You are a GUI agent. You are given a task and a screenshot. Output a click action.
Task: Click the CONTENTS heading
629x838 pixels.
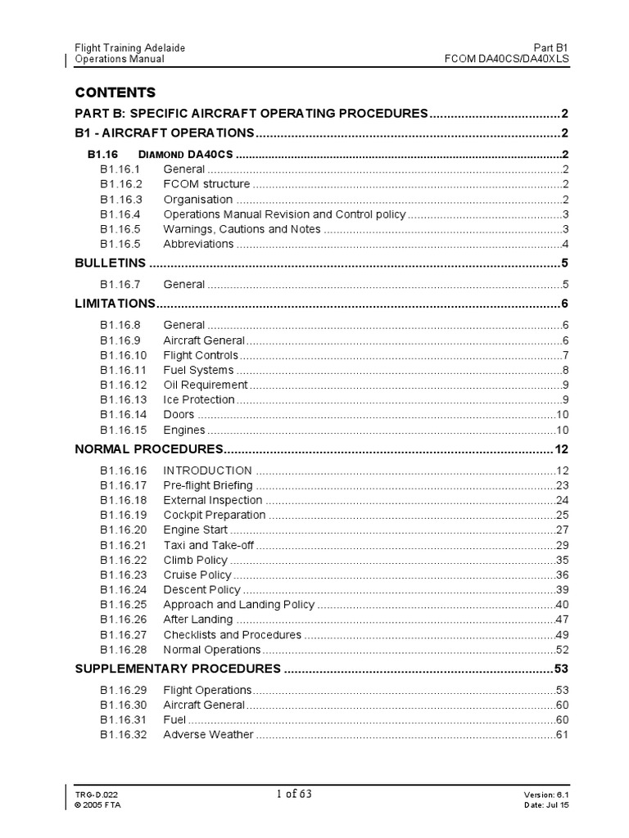click(x=115, y=92)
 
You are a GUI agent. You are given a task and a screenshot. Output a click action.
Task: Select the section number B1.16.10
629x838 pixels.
click(x=124, y=355)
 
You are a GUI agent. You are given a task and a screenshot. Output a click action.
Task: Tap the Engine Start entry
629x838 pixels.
click(x=196, y=529)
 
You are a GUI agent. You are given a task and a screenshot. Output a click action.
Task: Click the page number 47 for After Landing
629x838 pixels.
click(x=562, y=619)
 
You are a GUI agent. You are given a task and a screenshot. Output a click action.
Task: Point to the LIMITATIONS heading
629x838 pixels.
click(x=114, y=304)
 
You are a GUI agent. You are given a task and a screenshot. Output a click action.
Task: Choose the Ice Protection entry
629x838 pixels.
click(x=199, y=399)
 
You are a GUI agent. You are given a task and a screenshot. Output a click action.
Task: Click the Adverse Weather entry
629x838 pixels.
click(x=208, y=734)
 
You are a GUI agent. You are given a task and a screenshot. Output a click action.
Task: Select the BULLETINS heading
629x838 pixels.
click(x=111, y=263)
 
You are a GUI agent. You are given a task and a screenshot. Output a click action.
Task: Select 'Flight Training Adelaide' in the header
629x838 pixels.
click(x=130, y=47)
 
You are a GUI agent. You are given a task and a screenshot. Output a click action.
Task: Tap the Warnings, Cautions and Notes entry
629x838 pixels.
click(x=242, y=229)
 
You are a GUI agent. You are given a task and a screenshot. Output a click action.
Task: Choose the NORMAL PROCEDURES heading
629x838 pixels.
click(x=149, y=449)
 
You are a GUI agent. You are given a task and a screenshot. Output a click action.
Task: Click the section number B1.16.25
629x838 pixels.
click(x=124, y=605)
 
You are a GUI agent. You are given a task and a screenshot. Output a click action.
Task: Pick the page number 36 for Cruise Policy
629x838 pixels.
click(x=562, y=574)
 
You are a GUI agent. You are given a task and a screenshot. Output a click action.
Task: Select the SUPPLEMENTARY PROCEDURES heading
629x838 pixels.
click(x=178, y=669)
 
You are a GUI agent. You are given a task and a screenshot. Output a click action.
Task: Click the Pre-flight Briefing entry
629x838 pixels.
click(x=208, y=485)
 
